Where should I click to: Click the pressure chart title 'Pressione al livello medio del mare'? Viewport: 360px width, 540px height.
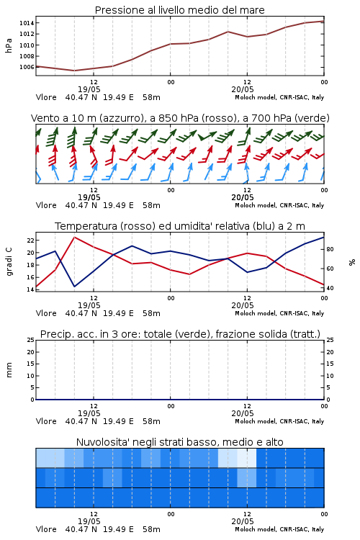179,10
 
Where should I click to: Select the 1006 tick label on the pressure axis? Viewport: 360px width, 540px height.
27,67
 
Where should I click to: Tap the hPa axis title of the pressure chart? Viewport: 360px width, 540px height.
9,45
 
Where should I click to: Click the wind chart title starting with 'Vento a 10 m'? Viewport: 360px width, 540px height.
180,118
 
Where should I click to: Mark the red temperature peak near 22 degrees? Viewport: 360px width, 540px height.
74,237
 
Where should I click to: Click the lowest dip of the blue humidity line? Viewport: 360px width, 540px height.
74,287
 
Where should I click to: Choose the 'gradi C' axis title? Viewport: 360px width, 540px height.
9,262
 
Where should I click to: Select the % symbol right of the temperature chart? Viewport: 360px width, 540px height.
352,262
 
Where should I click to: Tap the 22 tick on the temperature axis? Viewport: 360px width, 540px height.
30,240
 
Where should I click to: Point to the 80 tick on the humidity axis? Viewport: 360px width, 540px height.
330,249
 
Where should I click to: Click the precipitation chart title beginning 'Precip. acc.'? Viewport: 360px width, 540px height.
180,334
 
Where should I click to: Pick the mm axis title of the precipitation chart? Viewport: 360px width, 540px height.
9,370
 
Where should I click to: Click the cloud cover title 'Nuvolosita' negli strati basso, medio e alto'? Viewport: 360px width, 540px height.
179,442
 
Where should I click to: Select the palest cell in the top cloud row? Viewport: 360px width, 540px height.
247,458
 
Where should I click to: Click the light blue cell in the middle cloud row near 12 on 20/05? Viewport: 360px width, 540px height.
247,477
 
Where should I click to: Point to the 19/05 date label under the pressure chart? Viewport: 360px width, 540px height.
89,89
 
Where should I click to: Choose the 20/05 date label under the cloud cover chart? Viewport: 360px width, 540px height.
243,521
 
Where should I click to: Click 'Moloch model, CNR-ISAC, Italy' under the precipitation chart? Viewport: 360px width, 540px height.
279,421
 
